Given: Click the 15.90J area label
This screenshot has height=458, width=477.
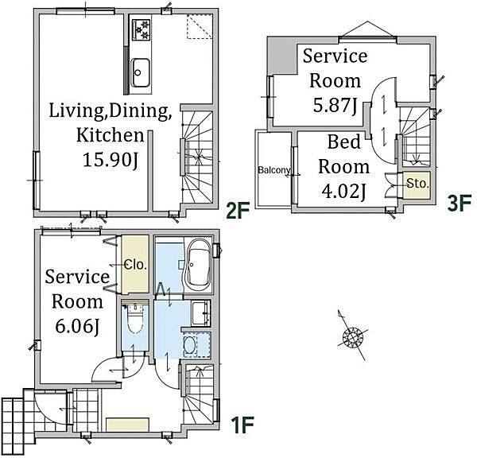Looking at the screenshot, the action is (111, 160).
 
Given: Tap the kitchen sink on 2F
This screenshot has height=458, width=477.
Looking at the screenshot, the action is (140, 72).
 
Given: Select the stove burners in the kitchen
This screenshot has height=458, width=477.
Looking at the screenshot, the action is (142, 29).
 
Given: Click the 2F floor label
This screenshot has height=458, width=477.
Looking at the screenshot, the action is (238, 211).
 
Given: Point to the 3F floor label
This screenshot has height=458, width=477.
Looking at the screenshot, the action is (460, 203).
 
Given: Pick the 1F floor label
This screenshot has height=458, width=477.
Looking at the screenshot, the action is (242, 425).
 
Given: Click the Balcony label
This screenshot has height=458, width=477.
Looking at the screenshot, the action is (273, 170).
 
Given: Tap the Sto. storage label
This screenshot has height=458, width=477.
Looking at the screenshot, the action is (417, 184).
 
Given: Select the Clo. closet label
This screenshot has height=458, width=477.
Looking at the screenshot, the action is (136, 265).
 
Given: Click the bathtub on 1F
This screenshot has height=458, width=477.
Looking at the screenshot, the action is (198, 265).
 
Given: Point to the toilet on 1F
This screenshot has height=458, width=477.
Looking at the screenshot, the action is (134, 320).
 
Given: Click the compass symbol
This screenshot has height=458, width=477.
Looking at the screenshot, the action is (352, 336).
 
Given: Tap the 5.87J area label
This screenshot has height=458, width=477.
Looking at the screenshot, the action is (335, 106).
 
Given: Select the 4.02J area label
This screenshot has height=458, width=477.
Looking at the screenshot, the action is (343, 192).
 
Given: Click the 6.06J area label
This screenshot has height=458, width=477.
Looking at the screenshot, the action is (78, 327).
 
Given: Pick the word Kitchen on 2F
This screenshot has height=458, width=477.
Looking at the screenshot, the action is (111, 135).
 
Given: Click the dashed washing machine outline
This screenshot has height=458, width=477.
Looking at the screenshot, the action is (197, 345).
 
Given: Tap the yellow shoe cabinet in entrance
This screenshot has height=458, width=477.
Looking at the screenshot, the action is (127, 425).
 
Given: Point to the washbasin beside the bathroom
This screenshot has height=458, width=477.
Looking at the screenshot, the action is (201, 312).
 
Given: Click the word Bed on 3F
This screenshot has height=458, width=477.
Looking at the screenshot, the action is (344, 142).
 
